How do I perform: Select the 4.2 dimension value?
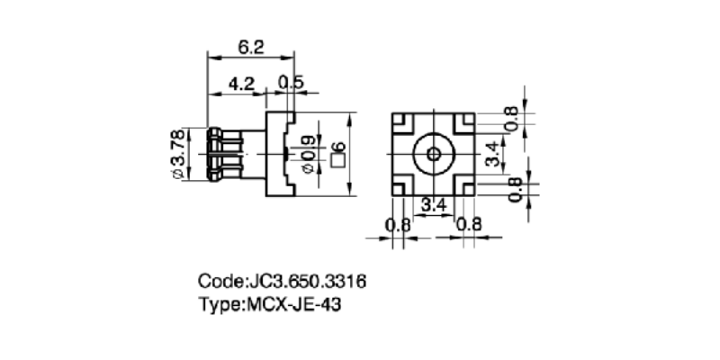(240, 84)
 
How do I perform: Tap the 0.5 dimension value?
(291, 84)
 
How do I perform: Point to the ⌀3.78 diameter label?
(178, 154)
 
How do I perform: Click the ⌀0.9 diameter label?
(310, 154)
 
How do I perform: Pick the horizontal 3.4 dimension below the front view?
(434, 205)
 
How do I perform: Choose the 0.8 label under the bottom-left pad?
(398, 224)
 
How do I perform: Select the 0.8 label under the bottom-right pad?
(468, 224)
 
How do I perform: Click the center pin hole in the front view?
(433, 153)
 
